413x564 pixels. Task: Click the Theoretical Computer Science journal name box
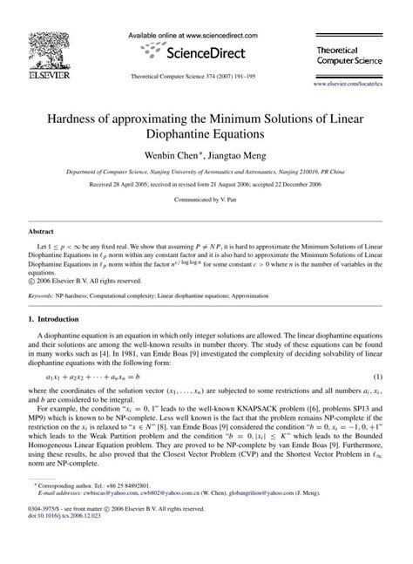pyautogui.click(x=356, y=45)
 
